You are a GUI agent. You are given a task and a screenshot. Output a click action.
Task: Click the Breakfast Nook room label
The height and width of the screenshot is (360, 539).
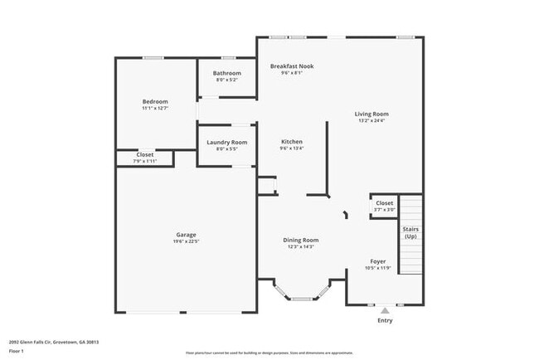[291, 66]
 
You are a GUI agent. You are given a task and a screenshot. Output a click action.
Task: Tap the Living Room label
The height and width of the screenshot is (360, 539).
[371, 114]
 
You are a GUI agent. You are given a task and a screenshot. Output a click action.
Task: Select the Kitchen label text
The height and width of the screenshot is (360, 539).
[291, 142]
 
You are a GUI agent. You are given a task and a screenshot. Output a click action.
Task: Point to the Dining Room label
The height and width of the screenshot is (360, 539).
[303, 240]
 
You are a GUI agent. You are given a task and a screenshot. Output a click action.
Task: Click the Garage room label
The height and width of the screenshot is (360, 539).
[186, 234]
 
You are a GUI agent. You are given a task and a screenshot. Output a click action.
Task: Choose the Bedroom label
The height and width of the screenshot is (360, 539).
[155, 101]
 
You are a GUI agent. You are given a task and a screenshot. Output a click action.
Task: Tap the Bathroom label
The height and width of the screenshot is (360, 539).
[226, 73]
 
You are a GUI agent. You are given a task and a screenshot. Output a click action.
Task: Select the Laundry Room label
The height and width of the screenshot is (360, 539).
[226, 142]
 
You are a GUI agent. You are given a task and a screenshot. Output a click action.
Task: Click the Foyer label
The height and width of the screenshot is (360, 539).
[377, 261]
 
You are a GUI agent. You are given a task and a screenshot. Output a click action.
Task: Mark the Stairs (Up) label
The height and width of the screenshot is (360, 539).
[410, 232]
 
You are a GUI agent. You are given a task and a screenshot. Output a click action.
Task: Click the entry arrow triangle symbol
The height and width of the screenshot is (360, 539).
[385, 310]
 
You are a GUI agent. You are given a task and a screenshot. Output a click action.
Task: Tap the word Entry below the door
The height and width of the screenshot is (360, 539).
[386, 320]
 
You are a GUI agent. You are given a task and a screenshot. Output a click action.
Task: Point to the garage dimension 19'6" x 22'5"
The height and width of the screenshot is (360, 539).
[186, 241]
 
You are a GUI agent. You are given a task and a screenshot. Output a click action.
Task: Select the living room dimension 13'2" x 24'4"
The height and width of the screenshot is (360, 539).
[371, 121]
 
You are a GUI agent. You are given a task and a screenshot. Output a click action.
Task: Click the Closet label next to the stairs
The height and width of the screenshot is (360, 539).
[385, 202]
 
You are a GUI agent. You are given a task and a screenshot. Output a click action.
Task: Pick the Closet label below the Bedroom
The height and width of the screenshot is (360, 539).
[145, 154]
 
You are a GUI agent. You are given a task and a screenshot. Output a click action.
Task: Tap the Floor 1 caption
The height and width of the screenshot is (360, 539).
[17, 350]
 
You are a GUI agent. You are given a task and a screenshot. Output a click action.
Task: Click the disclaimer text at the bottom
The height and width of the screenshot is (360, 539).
[269, 353]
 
